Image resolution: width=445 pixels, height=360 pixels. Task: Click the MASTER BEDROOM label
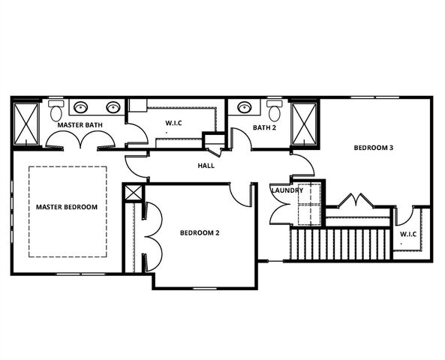coord(67,206)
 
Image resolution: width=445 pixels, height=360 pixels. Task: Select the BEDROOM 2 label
coord(200,233)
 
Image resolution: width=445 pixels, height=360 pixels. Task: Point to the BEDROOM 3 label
coord(374,148)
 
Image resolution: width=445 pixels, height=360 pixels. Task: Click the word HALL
coord(206,165)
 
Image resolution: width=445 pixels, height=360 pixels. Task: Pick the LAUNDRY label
coord(287,190)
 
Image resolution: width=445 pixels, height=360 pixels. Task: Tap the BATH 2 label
coord(264,127)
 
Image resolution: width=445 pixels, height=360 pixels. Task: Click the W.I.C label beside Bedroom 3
coord(407,234)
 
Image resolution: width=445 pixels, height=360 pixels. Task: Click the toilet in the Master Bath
coord(55,110)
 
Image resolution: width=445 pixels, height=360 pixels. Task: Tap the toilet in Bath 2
coord(274,111)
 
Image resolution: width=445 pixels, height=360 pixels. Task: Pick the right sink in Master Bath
coord(113,106)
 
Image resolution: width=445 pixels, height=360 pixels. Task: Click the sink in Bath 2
coord(245,106)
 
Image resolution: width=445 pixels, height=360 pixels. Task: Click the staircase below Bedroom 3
coord(339,244)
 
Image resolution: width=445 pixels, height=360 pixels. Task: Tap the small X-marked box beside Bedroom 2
coord(133,192)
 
